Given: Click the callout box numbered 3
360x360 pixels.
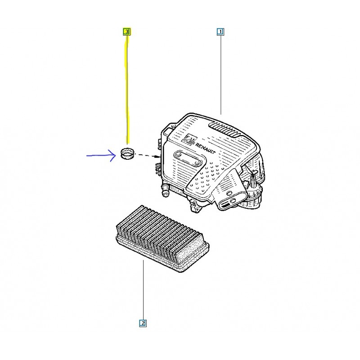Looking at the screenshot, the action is click(127, 31).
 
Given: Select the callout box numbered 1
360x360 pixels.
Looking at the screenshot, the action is click(220, 31).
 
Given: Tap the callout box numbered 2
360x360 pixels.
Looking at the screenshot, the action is click(143, 323).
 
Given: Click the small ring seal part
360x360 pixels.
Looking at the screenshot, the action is click(127, 153).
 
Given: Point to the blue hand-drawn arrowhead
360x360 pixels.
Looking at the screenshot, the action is click(113, 155).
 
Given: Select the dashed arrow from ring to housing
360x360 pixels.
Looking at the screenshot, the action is click(148, 155).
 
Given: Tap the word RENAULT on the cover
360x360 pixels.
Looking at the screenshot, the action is click(205, 149).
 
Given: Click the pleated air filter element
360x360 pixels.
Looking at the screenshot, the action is click(162, 238).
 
